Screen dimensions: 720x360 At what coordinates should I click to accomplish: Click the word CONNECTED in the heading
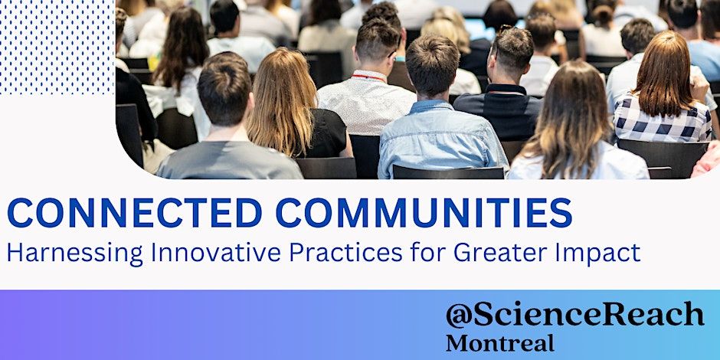[x=135, y=213]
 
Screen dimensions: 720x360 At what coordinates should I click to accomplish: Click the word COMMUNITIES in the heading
[x=424, y=213]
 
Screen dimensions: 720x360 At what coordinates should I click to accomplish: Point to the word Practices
[x=346, y=252]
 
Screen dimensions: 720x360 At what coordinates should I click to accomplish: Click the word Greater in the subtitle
[x=496, y=252]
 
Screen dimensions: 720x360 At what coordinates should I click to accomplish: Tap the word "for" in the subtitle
[x=428, y=252]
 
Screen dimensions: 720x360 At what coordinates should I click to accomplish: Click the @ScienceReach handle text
[x=574, y=315]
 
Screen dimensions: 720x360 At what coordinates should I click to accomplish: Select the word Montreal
[x=500, y=343]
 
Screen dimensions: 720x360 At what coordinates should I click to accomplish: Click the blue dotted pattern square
[x=57, y=47]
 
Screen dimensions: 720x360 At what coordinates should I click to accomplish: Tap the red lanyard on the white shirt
[x=368, y=77]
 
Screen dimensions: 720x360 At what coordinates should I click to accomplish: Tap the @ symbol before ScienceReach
[x=459, y=316]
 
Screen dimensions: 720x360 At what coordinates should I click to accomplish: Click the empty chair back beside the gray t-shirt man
[x=326, y=168]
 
